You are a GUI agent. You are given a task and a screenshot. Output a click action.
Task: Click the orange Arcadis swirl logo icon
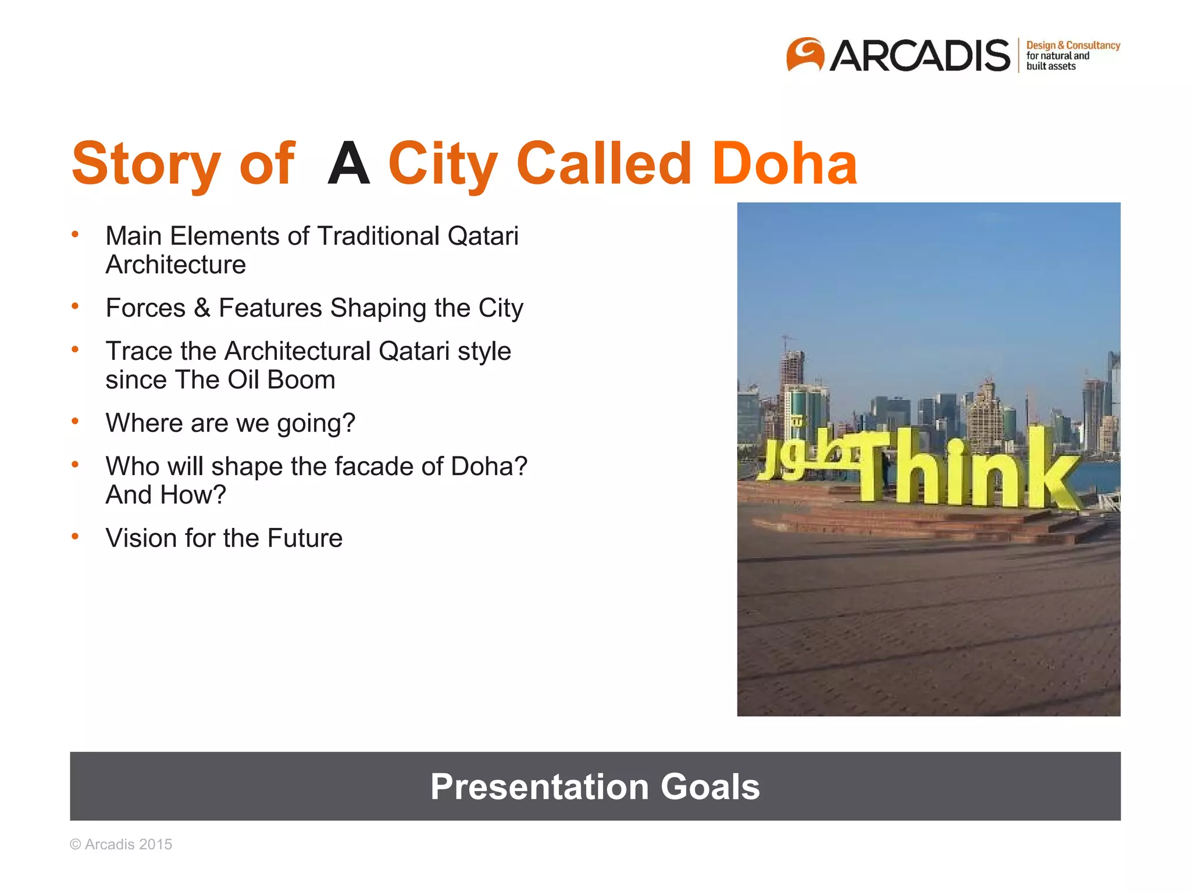(805, 55)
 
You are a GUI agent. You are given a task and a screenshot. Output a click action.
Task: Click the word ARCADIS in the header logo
(919, 56)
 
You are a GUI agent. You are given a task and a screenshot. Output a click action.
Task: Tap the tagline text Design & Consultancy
(1072, 45)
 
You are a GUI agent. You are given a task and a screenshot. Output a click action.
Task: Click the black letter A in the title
(348, 165)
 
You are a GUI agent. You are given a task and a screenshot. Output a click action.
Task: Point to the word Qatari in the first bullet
(482, 237)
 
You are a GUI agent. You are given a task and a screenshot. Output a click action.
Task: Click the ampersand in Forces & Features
(202, 308)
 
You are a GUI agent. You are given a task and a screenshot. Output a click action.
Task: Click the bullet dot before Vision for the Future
(75, 537)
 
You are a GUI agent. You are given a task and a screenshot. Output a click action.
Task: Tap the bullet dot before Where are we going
(75, 422)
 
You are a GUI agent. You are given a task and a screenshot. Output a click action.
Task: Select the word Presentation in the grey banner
(539, 787)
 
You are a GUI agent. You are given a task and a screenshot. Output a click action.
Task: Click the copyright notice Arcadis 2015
(121, 845)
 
